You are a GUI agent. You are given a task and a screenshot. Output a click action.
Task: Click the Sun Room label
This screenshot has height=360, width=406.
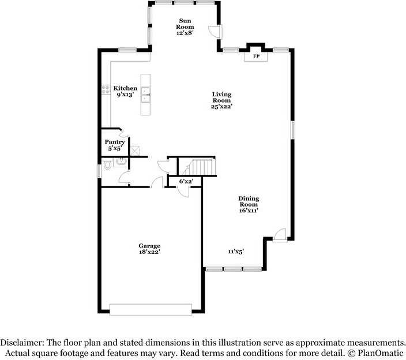pyautogui.click(x=185, y=27)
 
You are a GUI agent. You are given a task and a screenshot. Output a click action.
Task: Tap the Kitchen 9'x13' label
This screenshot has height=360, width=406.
pyautogui.click(x=125, y=91)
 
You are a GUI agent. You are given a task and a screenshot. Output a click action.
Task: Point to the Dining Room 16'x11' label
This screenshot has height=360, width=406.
pyautogui.click(x=249, y=204)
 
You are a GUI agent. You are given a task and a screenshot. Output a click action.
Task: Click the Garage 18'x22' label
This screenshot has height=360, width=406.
pyautogui.click(x=149, y=249)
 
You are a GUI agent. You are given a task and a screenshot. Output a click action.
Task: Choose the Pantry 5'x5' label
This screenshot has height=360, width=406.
pyautogui.click(x=115, y=145)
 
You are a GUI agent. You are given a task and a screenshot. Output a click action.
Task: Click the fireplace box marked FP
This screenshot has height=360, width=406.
pyautogui.click(x=256, y=57)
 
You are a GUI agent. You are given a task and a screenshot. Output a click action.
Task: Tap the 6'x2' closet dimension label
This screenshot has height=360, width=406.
pyautogui.click(x=186, y=181)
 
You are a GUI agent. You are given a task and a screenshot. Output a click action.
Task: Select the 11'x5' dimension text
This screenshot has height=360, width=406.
pyautogui.click(x=236, y=251)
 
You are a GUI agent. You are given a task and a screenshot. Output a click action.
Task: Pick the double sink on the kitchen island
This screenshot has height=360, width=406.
pyautogui.click(x=146, y=95)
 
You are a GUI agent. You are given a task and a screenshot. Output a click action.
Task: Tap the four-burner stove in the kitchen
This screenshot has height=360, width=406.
pyautogui.click(x=106, y=89)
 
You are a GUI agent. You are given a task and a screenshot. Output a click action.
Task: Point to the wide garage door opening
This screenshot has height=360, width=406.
pyautogui.click(x=151, y=309)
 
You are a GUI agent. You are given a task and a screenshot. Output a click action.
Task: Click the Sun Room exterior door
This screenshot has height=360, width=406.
pyautogui.click(x=215, y=32)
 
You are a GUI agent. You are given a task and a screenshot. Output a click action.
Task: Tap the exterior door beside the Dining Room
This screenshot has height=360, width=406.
pyautogui.click(x=279, y=235)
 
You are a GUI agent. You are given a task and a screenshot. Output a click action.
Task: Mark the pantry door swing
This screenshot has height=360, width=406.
pyautogui.click(x=123, y=133)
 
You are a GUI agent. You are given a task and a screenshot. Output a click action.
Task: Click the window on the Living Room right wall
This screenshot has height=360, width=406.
pyautogui.click(x=292, y=130)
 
